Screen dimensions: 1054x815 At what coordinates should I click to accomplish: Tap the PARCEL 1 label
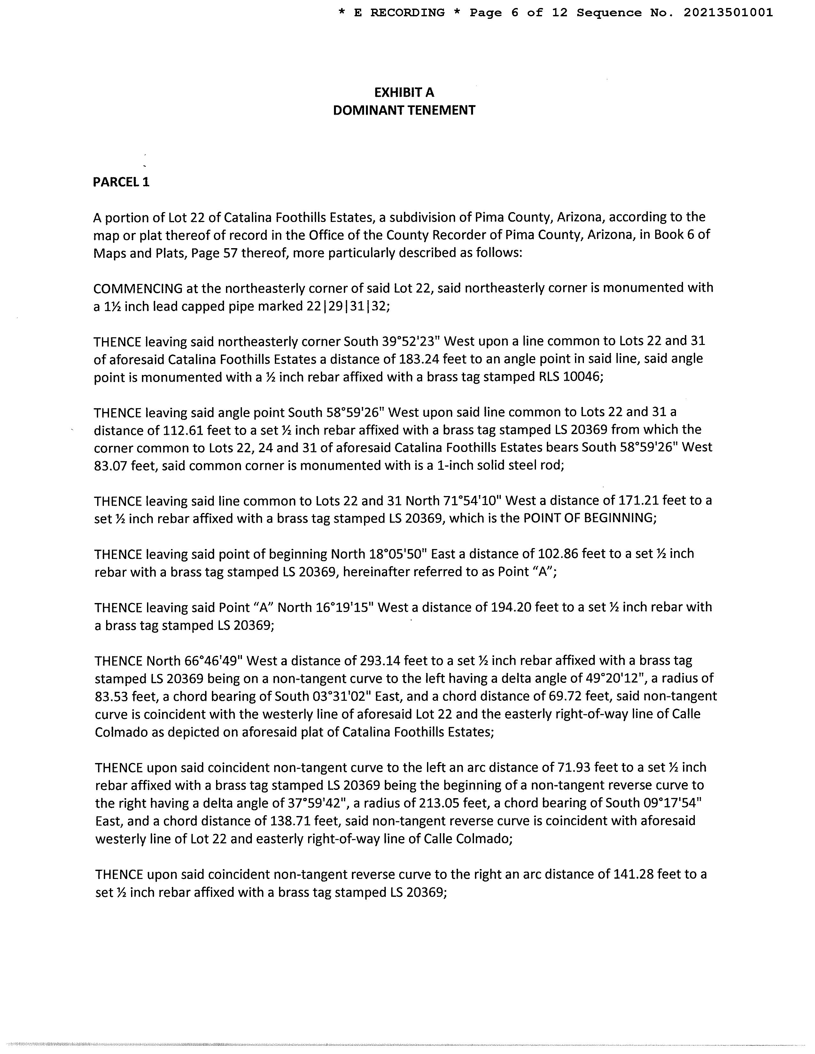coord(121,182)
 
